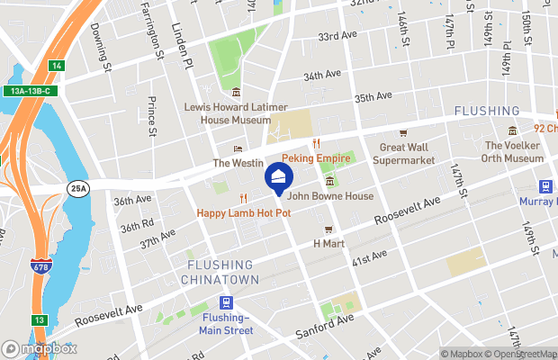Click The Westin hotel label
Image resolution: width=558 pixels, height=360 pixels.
[238, 163]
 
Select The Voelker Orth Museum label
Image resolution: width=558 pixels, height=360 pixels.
[512, 151]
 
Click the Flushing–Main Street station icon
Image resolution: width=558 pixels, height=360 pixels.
[224, 304]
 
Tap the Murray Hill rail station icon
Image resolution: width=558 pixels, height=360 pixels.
[545, 186]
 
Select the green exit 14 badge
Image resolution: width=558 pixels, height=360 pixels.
[57, 66]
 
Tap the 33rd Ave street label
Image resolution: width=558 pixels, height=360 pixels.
[337, 37]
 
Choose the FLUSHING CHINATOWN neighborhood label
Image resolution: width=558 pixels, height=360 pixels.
[223, 272]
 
